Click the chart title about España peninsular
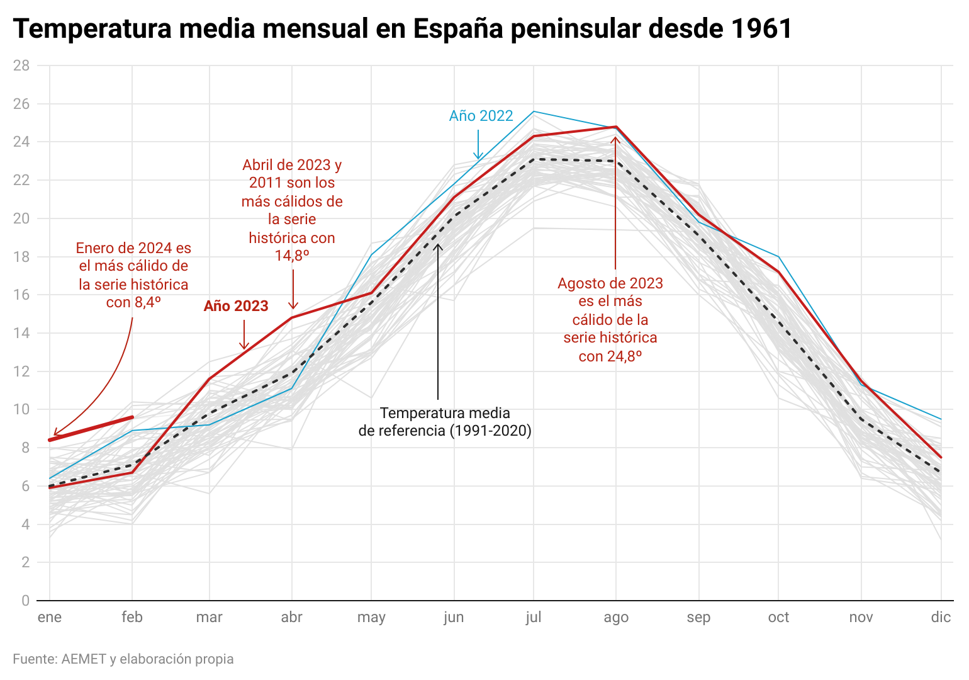[403, 29]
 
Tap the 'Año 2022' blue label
[481, 116]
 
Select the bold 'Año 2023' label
[236, 306]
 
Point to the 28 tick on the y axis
[21, 65]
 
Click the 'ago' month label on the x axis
[615, 618]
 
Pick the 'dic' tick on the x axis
[940, 618]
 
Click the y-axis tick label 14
[21, 333]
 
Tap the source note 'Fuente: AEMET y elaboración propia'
[123, 659]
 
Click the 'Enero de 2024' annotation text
[133, 275]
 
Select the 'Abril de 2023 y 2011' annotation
[292, 210]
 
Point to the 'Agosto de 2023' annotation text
[610, 320]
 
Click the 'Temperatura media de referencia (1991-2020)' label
[445, 422]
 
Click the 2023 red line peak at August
[615, 127]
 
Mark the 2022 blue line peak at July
[534, 111]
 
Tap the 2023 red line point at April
[292, 317]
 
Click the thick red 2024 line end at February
[132, 417]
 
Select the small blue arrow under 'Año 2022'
[478, 145]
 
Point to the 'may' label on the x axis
[371, 618]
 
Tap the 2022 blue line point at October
[778, 257]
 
